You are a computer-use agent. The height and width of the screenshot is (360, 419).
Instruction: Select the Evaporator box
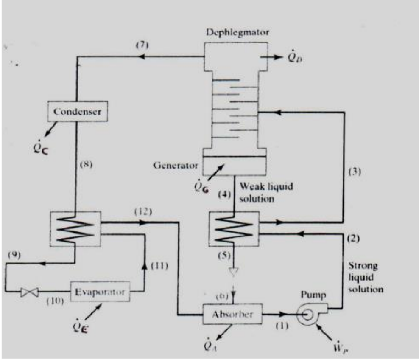[101, 292]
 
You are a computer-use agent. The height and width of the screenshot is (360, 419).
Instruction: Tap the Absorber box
[232, 315]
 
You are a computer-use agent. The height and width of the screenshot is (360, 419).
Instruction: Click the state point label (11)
[159, 266]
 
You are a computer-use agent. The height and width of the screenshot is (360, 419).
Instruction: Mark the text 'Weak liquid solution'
[266, 192]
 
